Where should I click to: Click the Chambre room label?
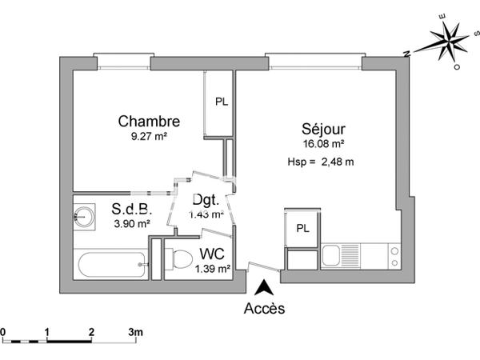pyautogui.click(x=149, y=122)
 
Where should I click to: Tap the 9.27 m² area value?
pyautogui.click(x=149, y=137)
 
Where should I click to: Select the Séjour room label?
pyautogui.click(x=323, y=129)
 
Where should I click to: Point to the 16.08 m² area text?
pyautogui.click(x=323, y=145)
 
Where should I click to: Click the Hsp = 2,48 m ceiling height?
pyautogui.click(x=320, y=162)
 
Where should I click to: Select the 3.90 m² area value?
pyautogui.click(x=132, y=224)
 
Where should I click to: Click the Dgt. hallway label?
pyautogui.click(x=205, y=202)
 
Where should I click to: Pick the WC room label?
pyautogui.click(x=212, y=254)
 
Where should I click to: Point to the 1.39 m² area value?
pyautogui.click(x=212, y=269)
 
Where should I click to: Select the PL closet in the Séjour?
pyautogui.click(x=302, y=228)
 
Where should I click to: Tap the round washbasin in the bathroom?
pyautogui.click(x=82, y=214)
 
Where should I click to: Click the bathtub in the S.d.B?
pyautogui.click(x=112, y=263)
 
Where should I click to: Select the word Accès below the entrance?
pyautogui.click(x=264, y=308)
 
